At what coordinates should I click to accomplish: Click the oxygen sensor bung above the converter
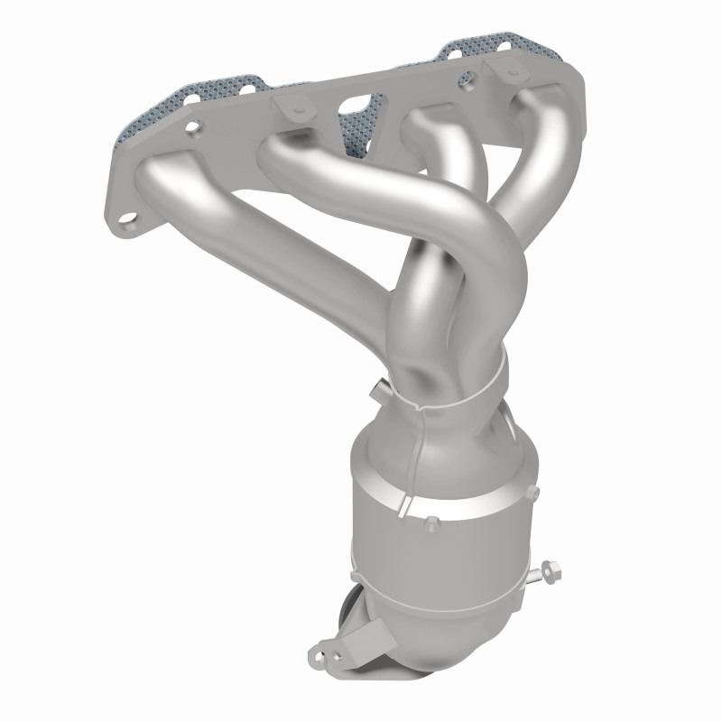point(376,390)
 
